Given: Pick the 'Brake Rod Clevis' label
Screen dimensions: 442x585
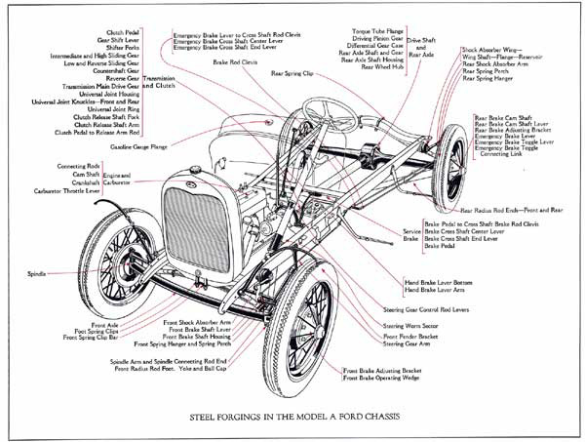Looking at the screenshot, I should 235,61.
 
